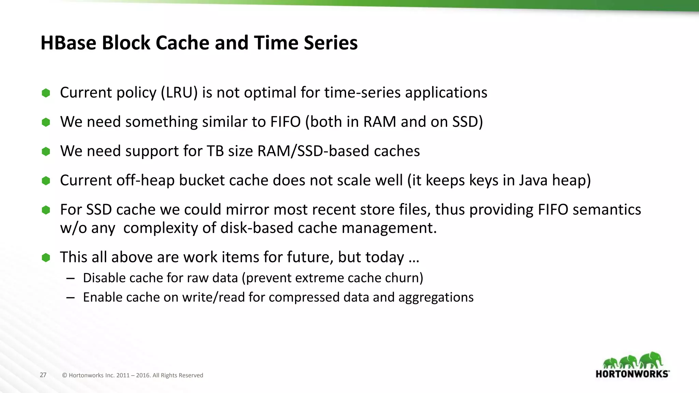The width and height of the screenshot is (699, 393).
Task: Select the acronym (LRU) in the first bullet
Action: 179,93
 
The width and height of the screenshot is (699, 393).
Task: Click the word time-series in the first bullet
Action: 362,93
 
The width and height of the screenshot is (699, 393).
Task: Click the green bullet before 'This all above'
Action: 46,258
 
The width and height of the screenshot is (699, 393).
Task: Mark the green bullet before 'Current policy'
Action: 46,93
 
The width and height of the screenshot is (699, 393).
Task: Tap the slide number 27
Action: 43,375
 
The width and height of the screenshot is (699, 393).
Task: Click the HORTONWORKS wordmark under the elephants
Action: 632,374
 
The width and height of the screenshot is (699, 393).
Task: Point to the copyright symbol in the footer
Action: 65,375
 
